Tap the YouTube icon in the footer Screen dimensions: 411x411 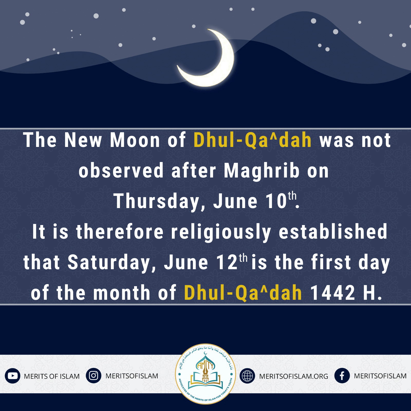(x=12, y=376)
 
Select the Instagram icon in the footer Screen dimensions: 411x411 (x=94, y=376)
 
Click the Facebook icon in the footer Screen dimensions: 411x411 (x=342, y=376)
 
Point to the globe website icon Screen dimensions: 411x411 (x=247, y=376)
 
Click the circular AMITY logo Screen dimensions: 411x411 (x=205, y=374)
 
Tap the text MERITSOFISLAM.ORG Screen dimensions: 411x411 (x=294, y=376)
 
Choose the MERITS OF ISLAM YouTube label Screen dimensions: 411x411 (x=52, y=376)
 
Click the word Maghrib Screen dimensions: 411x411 (x=262, y=171)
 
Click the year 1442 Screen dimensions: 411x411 (x=333, y=293)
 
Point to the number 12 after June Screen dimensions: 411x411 (x=227, y=263)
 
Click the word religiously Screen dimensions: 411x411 (x=221, y=232)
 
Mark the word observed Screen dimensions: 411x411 (x=121, y=171)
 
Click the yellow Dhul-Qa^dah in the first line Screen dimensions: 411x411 (x=253, y=141)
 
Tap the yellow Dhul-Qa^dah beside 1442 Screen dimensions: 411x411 (x=243, y=293)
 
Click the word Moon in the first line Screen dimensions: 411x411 (x=135, y=141)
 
